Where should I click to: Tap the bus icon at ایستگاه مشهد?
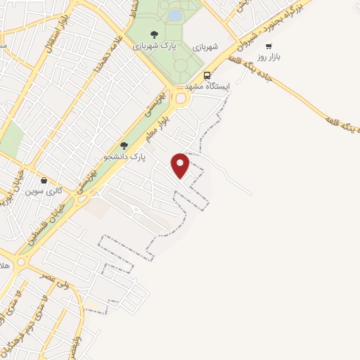tap(206, 75)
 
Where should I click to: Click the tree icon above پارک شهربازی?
tap(154, 34)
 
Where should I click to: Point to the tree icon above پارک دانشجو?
tap(124, 146)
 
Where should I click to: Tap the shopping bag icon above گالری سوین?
tap(44, 179)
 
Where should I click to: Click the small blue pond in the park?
tap(174, 15)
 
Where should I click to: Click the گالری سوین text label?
tap(44, 191)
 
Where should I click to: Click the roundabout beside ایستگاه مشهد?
tap(180, 98)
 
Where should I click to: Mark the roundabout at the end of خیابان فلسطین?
tap(20, 262)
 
